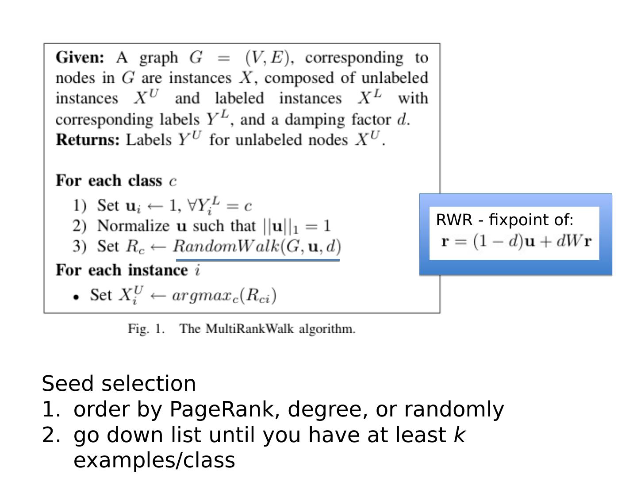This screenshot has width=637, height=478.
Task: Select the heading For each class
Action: point(109,181)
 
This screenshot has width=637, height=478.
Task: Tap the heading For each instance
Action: point(122,270)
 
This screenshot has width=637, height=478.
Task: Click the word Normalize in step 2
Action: point(133,226)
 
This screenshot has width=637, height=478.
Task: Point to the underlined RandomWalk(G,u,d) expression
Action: point(257,246)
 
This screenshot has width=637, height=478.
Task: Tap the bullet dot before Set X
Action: point(77,297)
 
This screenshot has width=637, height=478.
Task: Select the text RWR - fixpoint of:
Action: point(504,220)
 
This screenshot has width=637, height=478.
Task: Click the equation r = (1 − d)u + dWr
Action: point(516,242)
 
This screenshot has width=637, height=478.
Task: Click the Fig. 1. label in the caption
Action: point(146,329)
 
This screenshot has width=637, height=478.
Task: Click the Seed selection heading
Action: point(119,383)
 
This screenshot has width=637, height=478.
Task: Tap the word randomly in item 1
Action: point(454,409)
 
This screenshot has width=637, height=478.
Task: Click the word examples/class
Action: point(154,460)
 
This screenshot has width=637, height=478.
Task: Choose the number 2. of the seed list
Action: point(51,435)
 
